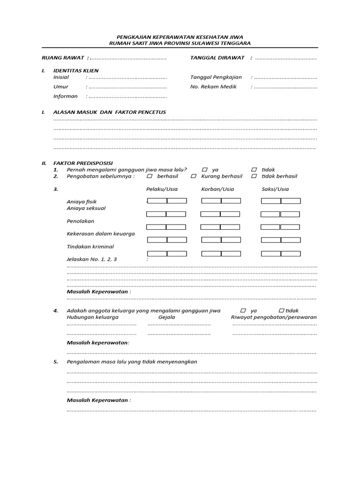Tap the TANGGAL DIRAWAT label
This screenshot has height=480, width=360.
pos(217,58)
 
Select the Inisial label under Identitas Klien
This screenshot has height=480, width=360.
pos(61,77)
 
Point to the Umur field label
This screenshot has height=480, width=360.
pos(60,87)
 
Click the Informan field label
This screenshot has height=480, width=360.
pos(65,96)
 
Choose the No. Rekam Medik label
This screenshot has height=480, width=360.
pos(213,87)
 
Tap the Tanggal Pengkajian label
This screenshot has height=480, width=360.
pos(216,77)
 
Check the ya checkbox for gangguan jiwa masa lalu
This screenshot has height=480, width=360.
pos(205,170)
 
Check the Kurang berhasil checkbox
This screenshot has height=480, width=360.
pos(194,176)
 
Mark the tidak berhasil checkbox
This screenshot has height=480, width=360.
pos(254,176)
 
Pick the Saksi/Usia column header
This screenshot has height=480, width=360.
pos(275,189)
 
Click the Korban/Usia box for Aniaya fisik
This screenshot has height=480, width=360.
pos(221,201)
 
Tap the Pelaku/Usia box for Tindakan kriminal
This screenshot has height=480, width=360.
pos(167,254)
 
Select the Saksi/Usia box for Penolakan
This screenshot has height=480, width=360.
pos(280,227)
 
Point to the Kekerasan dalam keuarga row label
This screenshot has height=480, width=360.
pos(101,233)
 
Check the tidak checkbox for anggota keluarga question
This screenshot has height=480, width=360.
pos(281,310)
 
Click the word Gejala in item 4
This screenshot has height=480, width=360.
pos(167,317)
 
